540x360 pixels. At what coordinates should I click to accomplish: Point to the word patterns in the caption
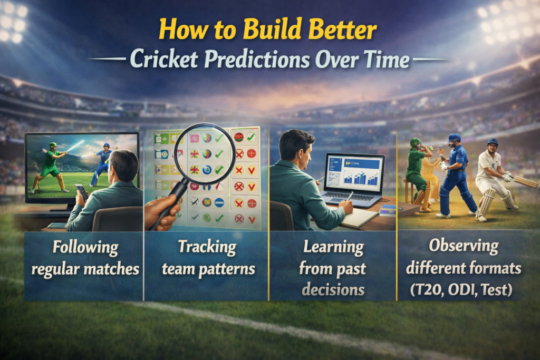228,269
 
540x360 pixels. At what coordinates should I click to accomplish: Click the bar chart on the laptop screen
363,177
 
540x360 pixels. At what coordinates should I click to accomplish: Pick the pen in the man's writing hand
350,196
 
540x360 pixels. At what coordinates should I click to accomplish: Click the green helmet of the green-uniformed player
416,142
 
